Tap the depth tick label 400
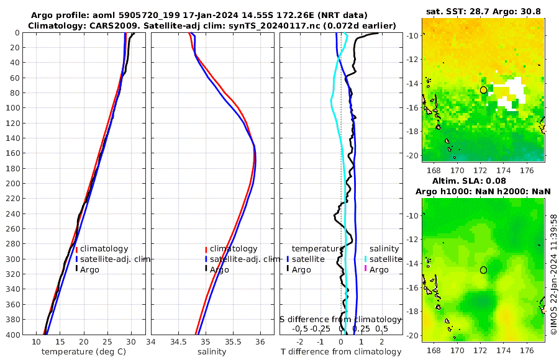click(x=12, y=335)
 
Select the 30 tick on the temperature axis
click(x=131, y=342)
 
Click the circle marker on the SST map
click(x=483, y=90)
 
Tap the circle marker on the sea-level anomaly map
click(x=483, y=270)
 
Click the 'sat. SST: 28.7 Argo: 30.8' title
click(x=484, y=12)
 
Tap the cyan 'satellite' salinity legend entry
click(x=383, y=259)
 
